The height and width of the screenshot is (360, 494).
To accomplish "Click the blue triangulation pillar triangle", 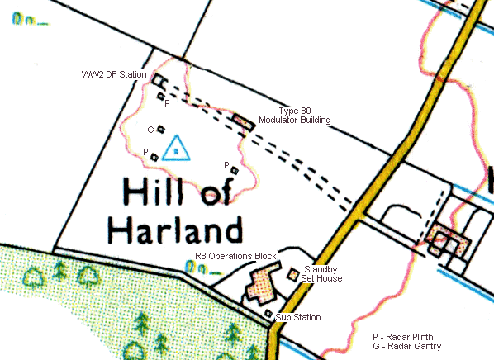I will coord(175,149).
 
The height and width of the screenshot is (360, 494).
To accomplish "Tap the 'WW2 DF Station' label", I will coord(114,75).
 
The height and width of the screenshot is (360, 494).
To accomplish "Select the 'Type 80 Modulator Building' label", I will coord(294,116).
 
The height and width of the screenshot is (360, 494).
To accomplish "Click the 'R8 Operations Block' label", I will coord(235,257).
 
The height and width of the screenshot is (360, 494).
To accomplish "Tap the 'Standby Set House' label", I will coord(323,274).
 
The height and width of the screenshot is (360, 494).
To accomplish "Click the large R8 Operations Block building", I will coord(261,282).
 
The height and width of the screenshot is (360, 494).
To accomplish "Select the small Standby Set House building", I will coord(293,273).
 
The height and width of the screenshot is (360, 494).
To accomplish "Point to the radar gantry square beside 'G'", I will coord(162,128).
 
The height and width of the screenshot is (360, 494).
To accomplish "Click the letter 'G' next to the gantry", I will coord(150,130).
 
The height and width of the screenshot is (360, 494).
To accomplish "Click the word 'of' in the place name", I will coord(217,192).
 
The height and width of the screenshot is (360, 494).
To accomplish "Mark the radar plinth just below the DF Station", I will coord(161,97).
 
